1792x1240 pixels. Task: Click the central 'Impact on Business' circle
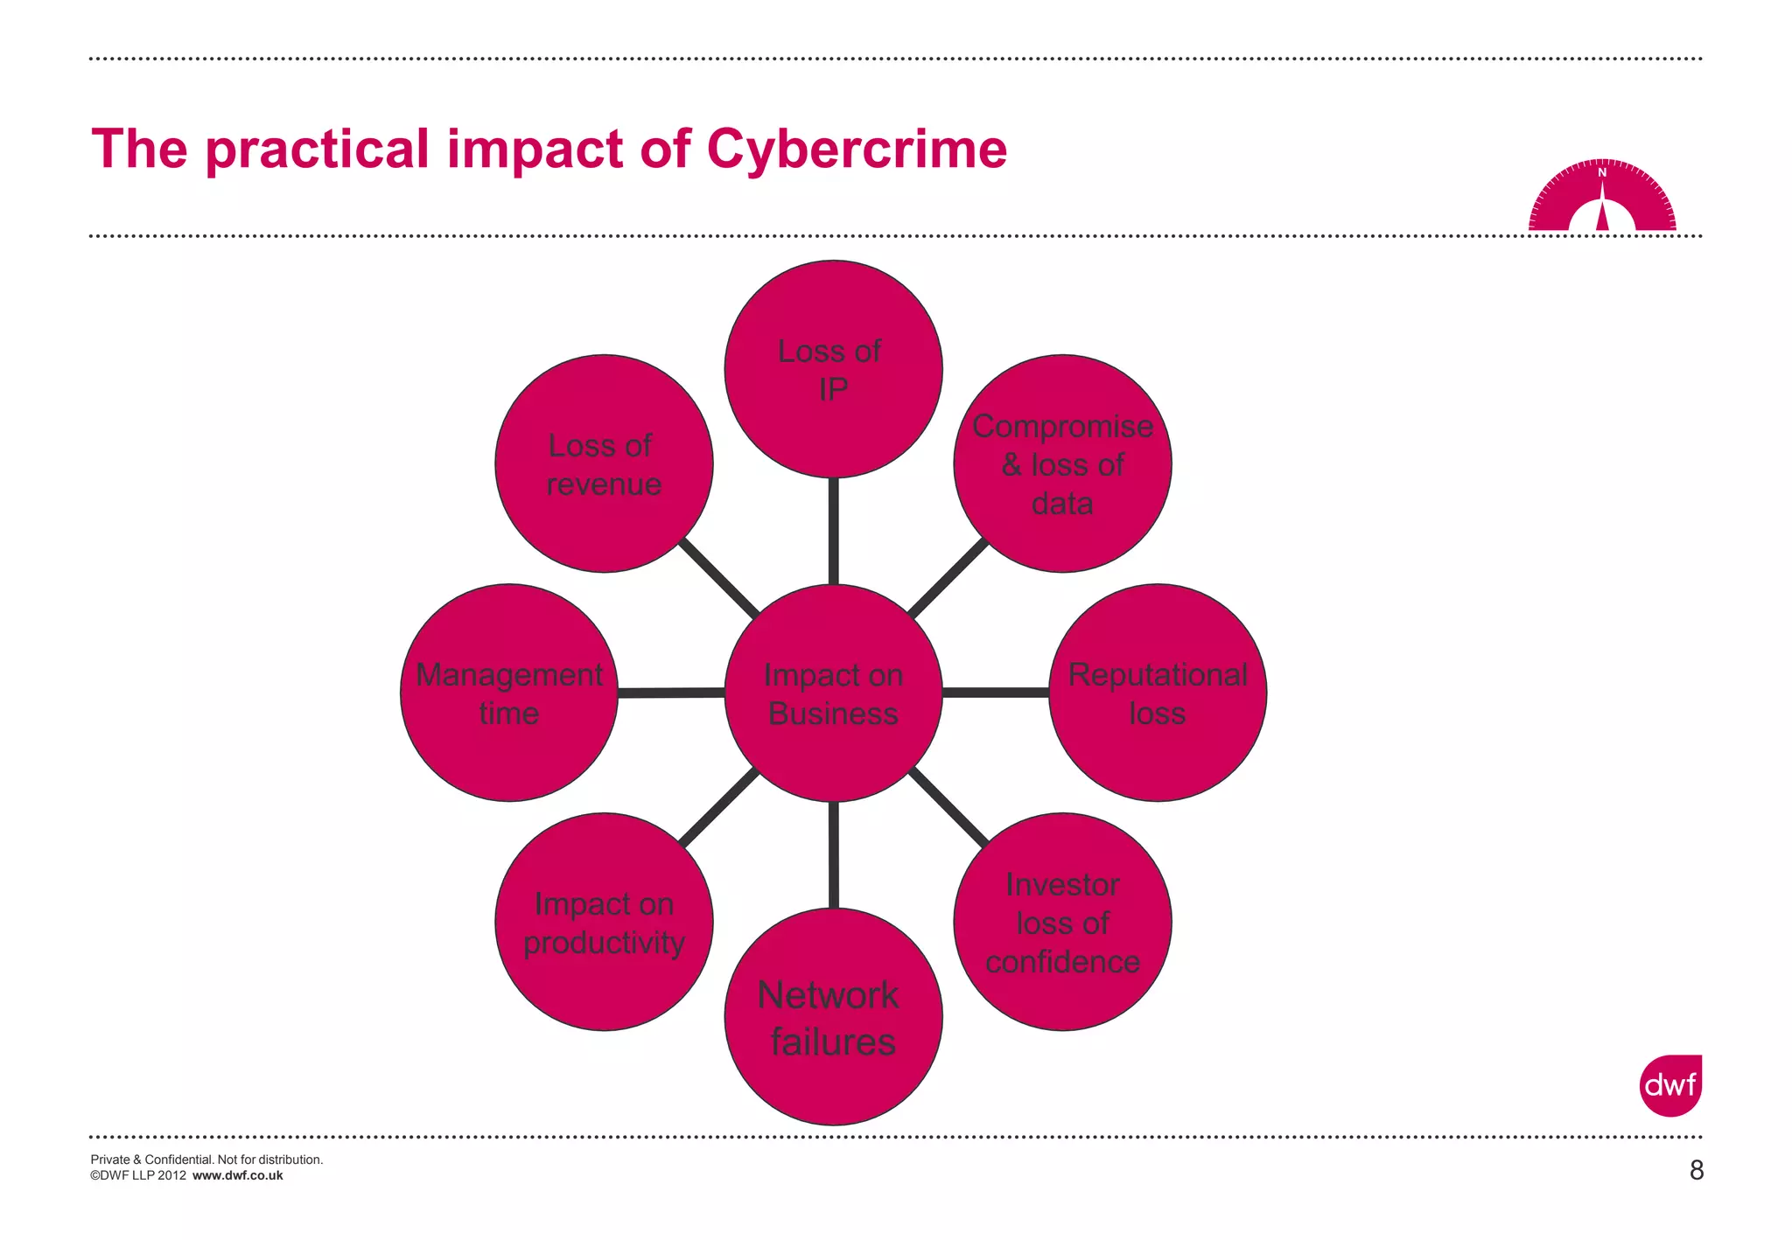pos(833,693)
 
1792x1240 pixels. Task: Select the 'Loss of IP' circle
pos(833,369)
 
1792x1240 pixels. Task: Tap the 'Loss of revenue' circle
pos(604,463)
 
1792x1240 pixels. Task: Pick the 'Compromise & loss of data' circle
pos(1062,463)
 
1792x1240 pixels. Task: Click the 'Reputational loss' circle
pos(1158,693)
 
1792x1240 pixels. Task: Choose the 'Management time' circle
pos(509,693)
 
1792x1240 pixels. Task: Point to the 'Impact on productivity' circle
pos(604,922)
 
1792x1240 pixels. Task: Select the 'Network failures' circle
pos(833,1016)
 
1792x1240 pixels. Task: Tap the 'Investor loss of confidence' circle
pos(1062,922)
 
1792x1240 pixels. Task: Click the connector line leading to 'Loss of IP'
pos(833,531)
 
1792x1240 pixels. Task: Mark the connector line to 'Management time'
pos(671,693)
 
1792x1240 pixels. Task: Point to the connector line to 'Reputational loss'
pos(996,693)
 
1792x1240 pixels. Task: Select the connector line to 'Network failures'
pos(833,854)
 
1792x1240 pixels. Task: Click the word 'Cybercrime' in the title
pos(857,149)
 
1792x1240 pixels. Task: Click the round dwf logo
pos(1670,1085)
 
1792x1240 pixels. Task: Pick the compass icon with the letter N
pos(1602,197)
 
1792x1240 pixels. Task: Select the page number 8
pos(1696,1170)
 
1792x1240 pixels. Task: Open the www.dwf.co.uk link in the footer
pos(237,1175)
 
